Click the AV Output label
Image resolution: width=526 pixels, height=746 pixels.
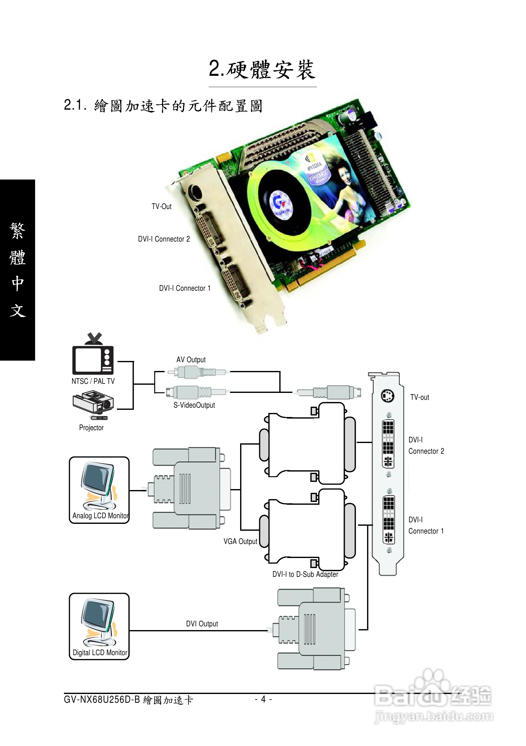191,360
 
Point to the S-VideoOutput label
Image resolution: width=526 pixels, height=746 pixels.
194,405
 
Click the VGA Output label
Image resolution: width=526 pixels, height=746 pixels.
240,541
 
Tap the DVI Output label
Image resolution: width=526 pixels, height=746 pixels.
202,624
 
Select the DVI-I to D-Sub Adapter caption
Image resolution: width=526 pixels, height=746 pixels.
305,574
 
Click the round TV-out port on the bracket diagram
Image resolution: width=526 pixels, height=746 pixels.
387,396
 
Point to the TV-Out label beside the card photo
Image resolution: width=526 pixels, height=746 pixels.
161,207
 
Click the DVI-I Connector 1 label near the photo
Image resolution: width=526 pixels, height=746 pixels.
185,288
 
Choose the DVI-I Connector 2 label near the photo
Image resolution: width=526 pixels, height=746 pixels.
164,239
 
